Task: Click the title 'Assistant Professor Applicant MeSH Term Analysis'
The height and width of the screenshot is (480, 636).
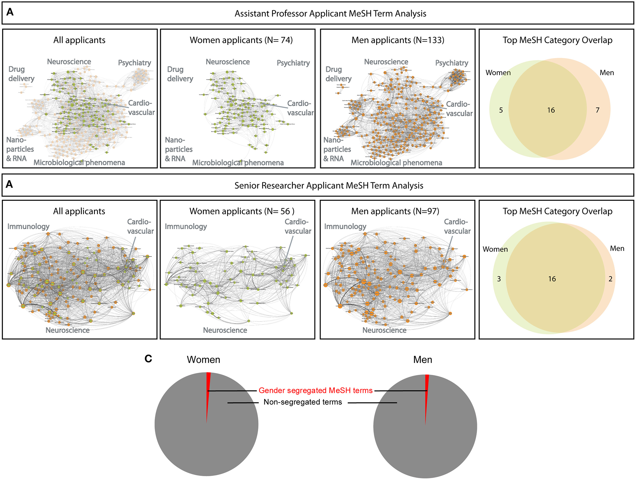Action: tap(330, 14)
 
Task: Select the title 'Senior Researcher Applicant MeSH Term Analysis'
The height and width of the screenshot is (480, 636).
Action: tap(329, 186)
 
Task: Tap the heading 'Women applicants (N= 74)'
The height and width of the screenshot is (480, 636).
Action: tap(241, 40)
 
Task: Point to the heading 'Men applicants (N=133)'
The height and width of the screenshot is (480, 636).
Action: tap(398, 40)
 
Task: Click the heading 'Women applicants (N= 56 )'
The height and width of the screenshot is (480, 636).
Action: tap(242, 211)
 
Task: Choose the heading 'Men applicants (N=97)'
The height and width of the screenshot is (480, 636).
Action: tap(395, 211)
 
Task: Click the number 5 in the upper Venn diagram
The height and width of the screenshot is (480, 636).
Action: tap(501, 110)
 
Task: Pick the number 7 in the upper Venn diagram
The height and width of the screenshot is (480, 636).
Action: tap(597, 110)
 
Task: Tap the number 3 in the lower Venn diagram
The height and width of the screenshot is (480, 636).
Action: tap(499, 279)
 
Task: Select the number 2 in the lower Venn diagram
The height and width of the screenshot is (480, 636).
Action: tap(610, 279)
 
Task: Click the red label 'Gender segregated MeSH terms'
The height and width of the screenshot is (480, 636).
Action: tap(315, 391)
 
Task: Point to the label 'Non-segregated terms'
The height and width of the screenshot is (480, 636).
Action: tap(303, 402)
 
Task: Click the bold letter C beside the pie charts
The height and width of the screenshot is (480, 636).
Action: tap(148, 359)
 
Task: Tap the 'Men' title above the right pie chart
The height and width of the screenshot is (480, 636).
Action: tap(423, 360)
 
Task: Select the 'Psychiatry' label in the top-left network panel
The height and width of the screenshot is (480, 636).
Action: tap(135, 63)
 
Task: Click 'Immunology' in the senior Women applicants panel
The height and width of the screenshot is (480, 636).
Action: tap(186, 227)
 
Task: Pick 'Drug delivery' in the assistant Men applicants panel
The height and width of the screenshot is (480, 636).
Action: tap(338, 74)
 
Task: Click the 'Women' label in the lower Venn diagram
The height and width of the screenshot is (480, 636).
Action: tap(495, 249)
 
